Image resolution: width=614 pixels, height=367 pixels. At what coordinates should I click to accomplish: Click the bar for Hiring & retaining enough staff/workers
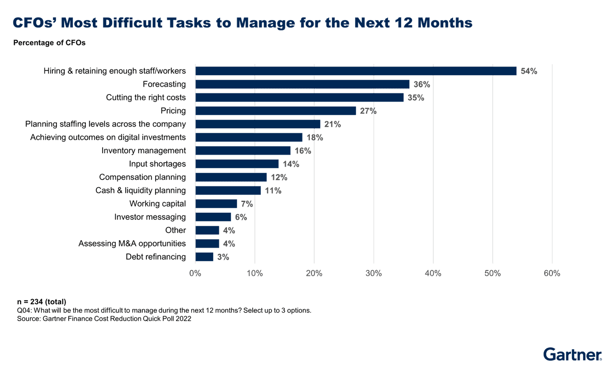pyautogui.click(x=356, y=71)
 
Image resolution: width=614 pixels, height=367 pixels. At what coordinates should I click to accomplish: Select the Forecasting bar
pyautogui.click(x=302, y=84)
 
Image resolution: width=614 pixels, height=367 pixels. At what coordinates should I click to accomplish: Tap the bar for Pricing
pyautogui.click(x=276, y=111)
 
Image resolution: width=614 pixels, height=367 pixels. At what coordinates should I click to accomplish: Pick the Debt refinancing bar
pyautogui.click(x=204, y=257)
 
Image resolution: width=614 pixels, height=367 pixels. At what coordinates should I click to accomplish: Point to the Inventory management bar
pyautogui.click(x=243, y=151)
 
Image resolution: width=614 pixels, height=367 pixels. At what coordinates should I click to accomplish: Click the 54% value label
pyautogui.click(x=528, y=71)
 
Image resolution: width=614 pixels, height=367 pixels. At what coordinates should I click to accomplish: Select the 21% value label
pyautogui.click(x=333, y=124)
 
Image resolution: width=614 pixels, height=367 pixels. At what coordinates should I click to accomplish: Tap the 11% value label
pyautogui.click(x=273, y=191)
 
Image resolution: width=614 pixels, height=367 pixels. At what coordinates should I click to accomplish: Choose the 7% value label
pyautogui.click(x=247, y=204)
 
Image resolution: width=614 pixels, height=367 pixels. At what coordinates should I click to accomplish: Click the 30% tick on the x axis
pyautogui.click(x=374, y=273)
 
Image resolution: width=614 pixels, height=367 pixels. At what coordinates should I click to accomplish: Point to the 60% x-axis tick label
pyautogui.click(x=552, y=273)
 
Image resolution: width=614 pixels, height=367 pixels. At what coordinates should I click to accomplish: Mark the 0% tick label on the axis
pyautogui.click(x=195, y=273)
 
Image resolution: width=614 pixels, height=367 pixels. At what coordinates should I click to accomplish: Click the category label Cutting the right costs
pyautogui.click(x=146, y=98)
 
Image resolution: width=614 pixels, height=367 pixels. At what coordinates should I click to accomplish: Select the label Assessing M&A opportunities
pyautogui.click(x=132, y=244)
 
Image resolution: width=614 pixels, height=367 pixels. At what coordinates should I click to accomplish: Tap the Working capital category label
pyautogui.click(x=158, y=204)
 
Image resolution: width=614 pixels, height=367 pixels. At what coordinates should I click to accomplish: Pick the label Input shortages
pyautogui.click(x=157, y=164)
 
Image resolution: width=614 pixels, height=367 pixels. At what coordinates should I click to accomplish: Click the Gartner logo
pyautogui.click(x=573, y=354)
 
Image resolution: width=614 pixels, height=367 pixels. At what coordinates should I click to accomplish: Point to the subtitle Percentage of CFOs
pyautogui.click(x=49, y=43)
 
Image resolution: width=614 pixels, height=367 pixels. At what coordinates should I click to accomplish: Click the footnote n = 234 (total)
pyautogui.click(x=41, y=302)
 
